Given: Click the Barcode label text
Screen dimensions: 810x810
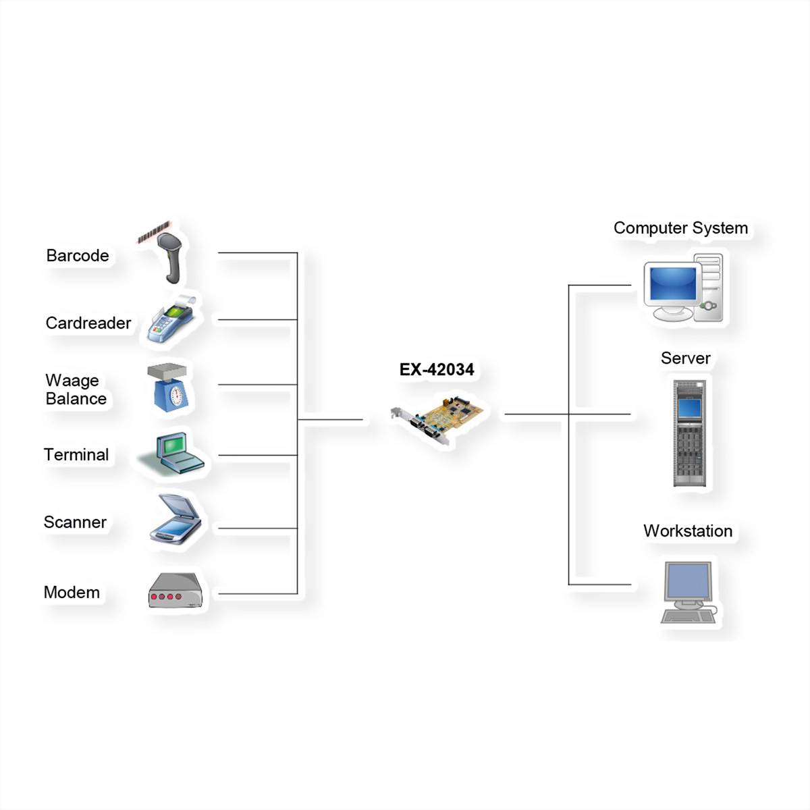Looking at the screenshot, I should [78, 256].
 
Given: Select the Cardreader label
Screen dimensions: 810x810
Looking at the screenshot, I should [88, 323].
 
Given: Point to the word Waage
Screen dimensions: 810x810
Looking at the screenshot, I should [72, 381].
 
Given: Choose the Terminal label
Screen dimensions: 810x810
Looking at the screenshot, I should [76, 455].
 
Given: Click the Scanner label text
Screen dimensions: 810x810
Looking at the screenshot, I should [75, 522].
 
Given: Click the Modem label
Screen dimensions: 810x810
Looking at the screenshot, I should [72, 593].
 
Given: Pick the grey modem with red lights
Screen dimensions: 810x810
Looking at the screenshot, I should [175, 592].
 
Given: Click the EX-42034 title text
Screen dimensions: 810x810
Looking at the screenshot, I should [437, 370].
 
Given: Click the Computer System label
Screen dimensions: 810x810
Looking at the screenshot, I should [680, 228].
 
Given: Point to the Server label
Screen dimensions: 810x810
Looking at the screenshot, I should [685, 358].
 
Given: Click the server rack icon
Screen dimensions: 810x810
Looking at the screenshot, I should [690, 433].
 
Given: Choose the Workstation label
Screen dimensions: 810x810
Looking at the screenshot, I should [687, 531].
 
